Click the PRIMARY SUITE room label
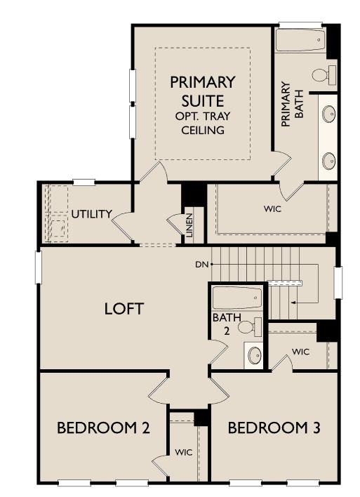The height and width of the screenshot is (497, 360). tap(202, 91)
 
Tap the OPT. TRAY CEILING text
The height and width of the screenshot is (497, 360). tap(202, 123)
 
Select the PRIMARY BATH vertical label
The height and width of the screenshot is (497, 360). tap(291, 105)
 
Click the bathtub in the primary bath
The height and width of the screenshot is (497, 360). tap(300, 39)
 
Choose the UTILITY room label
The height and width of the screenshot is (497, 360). tap(91, 214)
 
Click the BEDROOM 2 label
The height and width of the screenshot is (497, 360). tap(103, 428)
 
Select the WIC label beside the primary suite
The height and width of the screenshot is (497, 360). tap(273, 209)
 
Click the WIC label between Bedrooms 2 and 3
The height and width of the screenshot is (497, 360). tap(183, 451)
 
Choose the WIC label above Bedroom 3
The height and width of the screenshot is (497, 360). tap(300, 351)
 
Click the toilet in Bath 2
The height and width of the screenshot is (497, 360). tap(249, 326)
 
